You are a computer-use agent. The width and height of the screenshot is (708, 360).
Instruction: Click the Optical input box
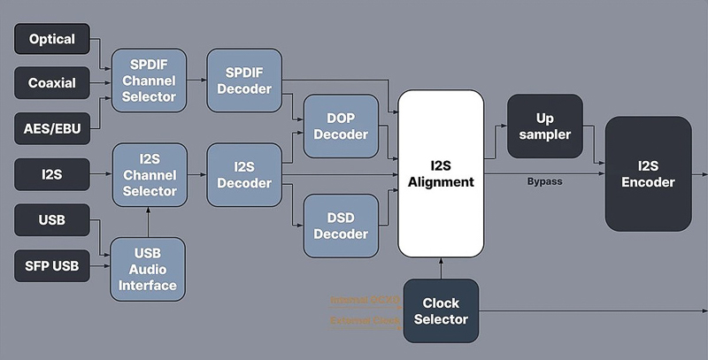tap(52, 40)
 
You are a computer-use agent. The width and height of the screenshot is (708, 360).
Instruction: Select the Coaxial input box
tap(52, 83)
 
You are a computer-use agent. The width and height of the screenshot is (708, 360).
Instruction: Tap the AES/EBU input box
tap(52, 127)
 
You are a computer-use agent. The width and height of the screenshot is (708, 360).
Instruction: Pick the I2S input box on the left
tap(52, 174)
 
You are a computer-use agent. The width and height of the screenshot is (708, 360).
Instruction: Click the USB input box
tap(52, 219)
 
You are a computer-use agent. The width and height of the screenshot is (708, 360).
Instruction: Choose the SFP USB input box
tap(52, 264)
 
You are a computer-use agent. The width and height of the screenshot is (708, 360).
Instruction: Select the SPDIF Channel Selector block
tap(150, 80)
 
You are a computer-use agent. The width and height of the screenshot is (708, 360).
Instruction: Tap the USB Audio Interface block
tap(150, 268)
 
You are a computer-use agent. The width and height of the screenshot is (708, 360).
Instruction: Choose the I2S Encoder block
tap(648, 172)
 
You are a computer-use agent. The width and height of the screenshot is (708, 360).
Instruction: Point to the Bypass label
tap(544, 181)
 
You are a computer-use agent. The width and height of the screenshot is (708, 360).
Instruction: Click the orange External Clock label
tap(366, 321)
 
